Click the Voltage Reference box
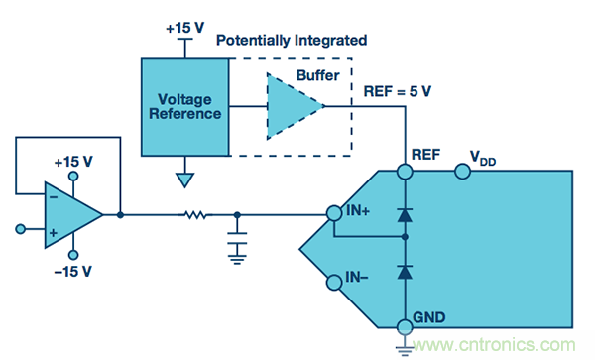185,106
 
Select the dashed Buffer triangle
293,106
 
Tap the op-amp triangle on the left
72,215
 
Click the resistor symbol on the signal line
195,215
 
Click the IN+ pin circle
334,213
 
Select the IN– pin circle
334,283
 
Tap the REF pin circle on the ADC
405,172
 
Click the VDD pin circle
462,172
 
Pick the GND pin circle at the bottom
405,326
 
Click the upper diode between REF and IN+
405,214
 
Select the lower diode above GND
405,272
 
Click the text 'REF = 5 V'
398,91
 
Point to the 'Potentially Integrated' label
292,41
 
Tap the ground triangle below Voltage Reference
184,180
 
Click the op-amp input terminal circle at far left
21,229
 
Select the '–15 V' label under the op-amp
72,272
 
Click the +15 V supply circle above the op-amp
73,176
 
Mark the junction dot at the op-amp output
120,215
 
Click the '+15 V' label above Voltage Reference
184,28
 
